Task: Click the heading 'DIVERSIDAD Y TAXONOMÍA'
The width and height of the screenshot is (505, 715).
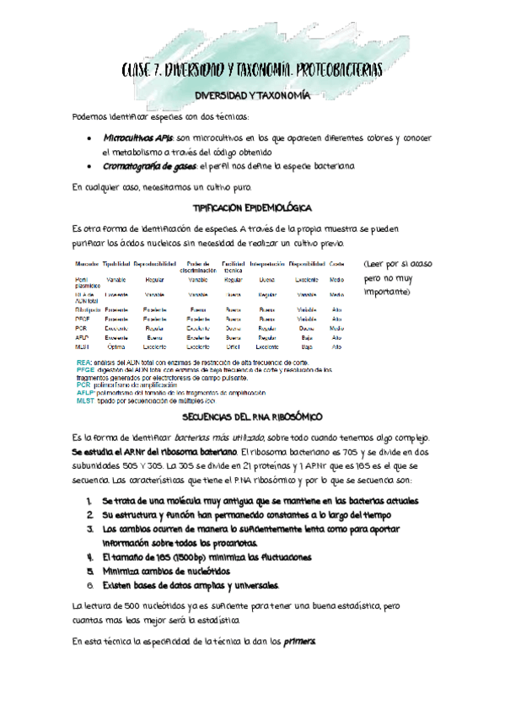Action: click(x=252, y=96)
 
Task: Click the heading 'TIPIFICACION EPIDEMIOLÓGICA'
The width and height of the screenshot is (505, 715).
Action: click(x=253, y=207)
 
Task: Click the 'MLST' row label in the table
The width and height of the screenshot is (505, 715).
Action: click(x=83, y=347)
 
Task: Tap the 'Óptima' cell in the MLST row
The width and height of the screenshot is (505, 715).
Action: click(x=116, y=347)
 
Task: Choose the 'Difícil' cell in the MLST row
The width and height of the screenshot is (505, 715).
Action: click(x=234, y=347)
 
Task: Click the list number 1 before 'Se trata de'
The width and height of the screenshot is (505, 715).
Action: click(x=89, y=501)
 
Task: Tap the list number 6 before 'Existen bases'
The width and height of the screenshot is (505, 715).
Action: click(x=89, y=584)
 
